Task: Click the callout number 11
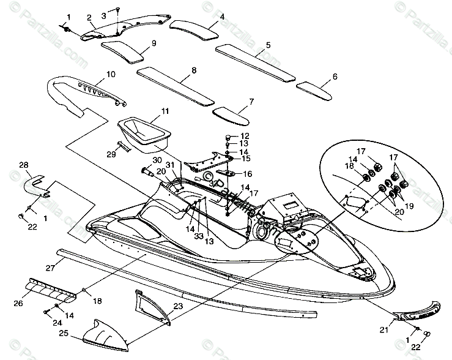tap(148, 111)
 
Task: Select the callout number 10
tap(110, 74)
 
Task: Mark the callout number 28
tap(24, 165)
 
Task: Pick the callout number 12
tap(245, 135)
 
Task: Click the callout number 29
tap(111, 154)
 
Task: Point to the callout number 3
tap(103, 14)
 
